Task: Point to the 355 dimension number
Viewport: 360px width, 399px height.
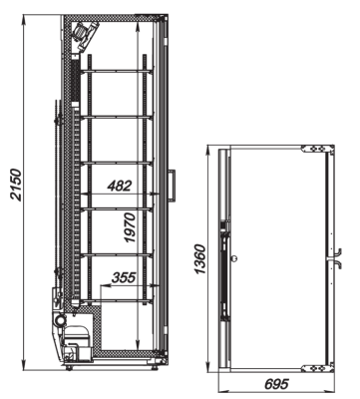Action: [123, 278]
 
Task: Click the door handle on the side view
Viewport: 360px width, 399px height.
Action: [172, 185]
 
